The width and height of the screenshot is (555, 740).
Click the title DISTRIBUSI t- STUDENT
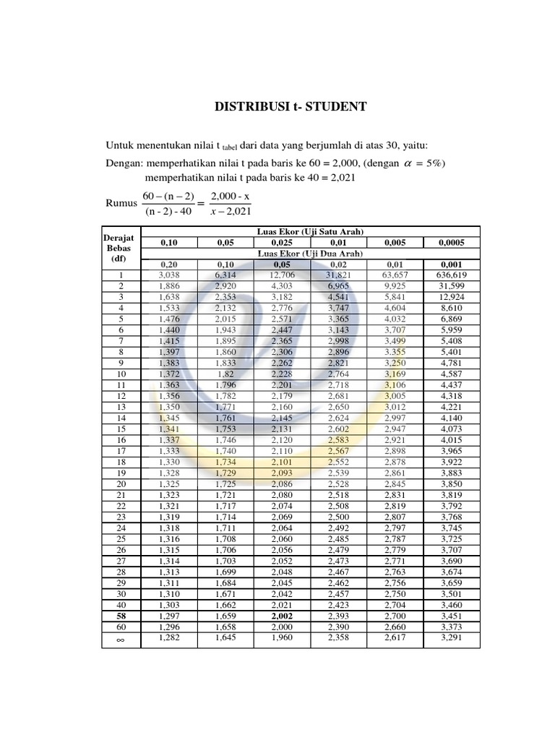[291, 108]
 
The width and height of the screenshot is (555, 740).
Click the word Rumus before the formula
[121, 203]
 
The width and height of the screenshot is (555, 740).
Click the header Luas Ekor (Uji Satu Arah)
[310, 231]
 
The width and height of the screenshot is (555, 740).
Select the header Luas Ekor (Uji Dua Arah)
[310, 254]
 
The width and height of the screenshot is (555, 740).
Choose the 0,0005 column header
[452, 243]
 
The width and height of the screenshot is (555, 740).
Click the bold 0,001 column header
[452, 264]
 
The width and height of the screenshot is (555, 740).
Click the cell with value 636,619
[452, 275]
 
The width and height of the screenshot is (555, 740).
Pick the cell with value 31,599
[452, 286]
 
